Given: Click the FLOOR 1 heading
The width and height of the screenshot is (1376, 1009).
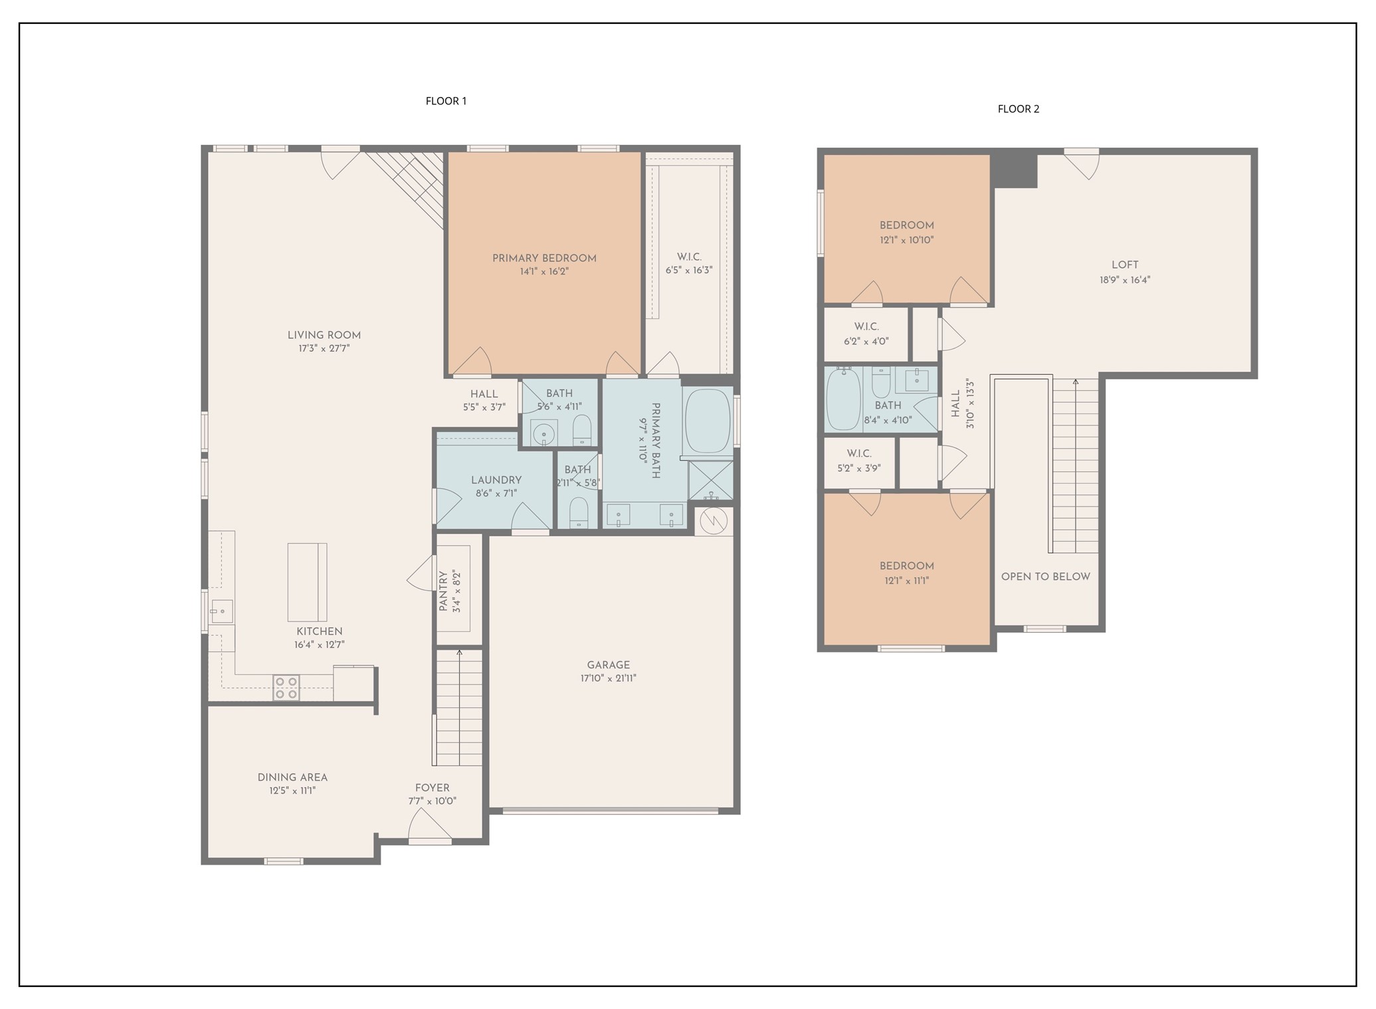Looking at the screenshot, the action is point(446,101).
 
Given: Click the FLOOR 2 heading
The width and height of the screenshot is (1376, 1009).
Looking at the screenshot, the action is point(1018,109).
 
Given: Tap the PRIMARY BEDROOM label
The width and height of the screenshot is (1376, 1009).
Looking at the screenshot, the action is point(544,259).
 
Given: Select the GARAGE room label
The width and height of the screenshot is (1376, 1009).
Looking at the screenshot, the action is point(608,665).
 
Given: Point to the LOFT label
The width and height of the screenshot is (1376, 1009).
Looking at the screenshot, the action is point(1124,265).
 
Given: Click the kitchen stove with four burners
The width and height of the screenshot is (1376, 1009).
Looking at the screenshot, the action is point(286,687).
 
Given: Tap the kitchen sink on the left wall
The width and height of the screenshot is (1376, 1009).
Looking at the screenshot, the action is point(221,610).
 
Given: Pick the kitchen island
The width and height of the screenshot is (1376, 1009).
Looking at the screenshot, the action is point(307,582).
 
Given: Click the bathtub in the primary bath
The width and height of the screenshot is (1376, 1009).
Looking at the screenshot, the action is point(708,421).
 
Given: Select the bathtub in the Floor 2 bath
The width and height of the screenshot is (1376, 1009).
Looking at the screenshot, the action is point(843,399).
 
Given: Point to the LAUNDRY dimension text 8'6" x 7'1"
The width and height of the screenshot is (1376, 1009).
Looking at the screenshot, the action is point(496,493).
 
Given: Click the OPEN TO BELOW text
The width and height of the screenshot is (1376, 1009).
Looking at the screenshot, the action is point(1045,576).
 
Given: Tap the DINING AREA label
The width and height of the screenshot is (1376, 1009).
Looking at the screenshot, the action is point(292,777).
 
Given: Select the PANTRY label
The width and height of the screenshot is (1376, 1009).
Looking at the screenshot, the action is point(443,591).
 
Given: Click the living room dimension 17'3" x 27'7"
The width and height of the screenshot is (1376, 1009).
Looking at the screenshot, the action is point(324,348).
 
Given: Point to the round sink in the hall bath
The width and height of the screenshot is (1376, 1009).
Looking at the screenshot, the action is point(545,433).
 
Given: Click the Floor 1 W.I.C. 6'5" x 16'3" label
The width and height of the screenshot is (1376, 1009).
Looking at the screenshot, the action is point(689,263).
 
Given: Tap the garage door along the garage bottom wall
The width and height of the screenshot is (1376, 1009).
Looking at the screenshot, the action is point(610,810).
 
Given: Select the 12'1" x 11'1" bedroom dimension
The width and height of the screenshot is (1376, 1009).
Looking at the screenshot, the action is point(906,580).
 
